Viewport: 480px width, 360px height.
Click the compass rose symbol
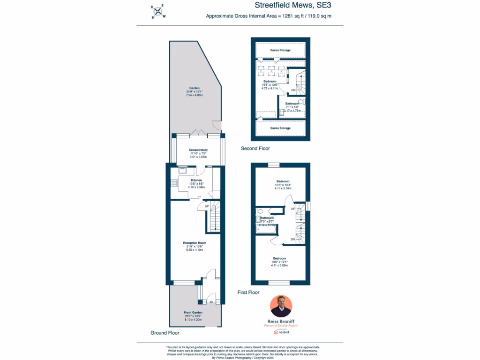(x=158, y=12)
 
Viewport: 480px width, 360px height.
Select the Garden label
(x=195, y=88)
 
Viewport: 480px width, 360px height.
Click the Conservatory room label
(x=198, y=150)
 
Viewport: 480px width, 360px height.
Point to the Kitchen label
(x=196, y=180)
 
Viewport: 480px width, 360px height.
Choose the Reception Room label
(x=195, y=243)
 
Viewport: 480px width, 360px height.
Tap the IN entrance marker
(x=211, y=302)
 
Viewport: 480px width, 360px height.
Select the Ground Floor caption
(x=165, y=333)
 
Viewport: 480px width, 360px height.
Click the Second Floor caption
(x=255, y=149)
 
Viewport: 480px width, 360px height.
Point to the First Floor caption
(x=248, y=292)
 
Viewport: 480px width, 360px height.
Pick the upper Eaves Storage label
(x=280, y=50)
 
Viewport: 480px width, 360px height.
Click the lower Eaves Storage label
(x=280, y=128)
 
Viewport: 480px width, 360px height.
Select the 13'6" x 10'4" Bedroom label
(x=283, y=181)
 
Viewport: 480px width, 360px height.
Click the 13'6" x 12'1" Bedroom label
(x=279, y=258)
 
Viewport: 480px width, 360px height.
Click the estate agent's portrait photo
(x=281, y=306)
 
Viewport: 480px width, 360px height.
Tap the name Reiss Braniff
(x=281, y=321)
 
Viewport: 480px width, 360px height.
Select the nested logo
(x=281, y=332)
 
